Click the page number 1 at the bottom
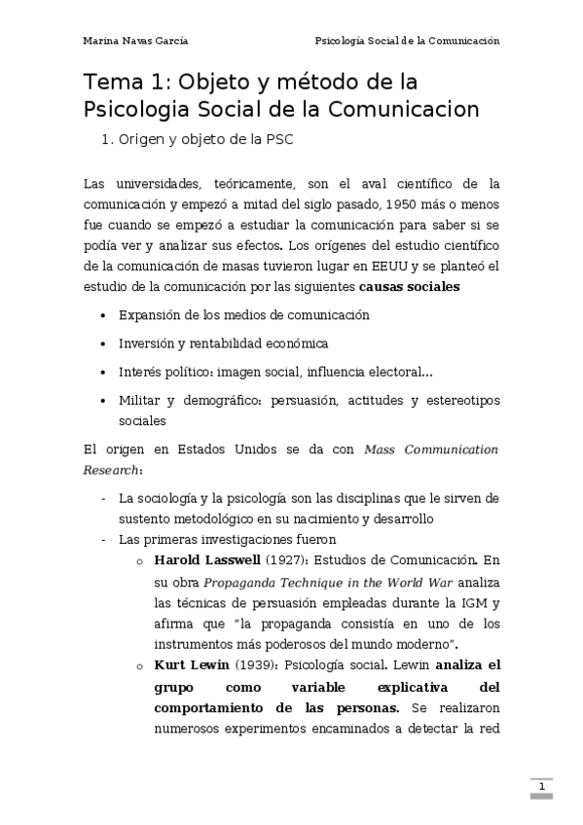click(541, 784)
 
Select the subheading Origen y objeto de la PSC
click(204, 139)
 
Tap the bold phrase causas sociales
click(409, 287)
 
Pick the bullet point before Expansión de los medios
click(104, 316)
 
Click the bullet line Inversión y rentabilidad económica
click(223, 343)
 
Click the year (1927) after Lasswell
click(280, 559)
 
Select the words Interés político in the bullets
click(164, 372)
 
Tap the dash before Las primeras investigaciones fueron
click(104, 539)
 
